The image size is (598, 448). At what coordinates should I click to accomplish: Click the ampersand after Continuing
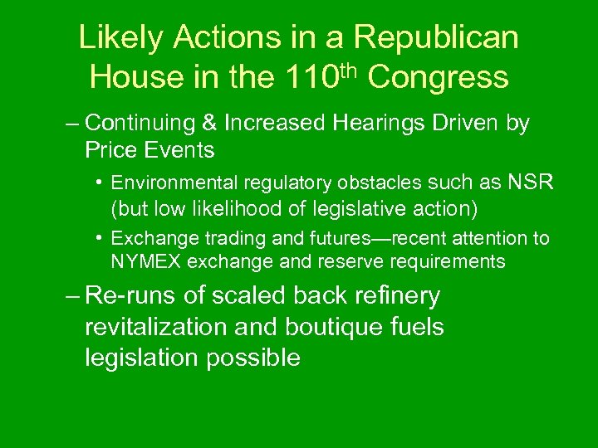pyautogui.click(x=209, y=124)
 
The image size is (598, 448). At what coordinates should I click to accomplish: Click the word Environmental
pyautogui.click(x=170, y=182)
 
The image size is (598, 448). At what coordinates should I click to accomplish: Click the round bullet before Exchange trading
pyautogui.click(x=98, y=238)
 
